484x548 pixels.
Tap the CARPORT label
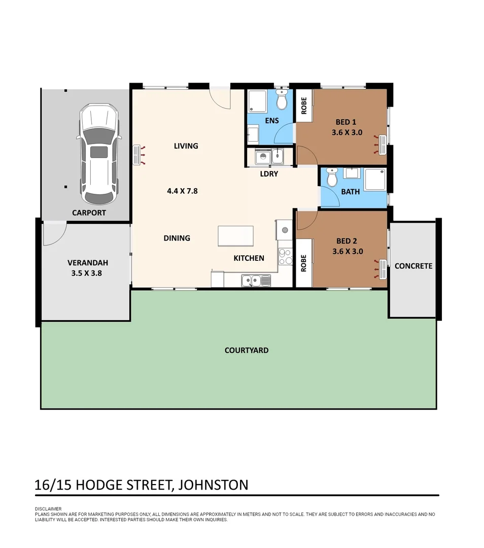(89, 213)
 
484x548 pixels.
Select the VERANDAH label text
(88, 263)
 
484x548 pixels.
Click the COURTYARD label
(247, 350)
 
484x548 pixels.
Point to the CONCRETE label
(413, 266)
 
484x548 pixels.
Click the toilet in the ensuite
(282, 100)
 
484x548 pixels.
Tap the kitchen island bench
(235, 236)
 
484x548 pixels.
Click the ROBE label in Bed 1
(304, 106)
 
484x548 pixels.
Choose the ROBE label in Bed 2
(304, 263)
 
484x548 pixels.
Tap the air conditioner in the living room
(136, 155)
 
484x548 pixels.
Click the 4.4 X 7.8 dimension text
(182, 191)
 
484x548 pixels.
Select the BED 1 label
(346, 122)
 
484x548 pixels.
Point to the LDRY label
(269, 174)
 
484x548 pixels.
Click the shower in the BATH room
(375, 180)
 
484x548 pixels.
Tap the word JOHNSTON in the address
(213, 485)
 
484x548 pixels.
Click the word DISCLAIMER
(48, 509)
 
